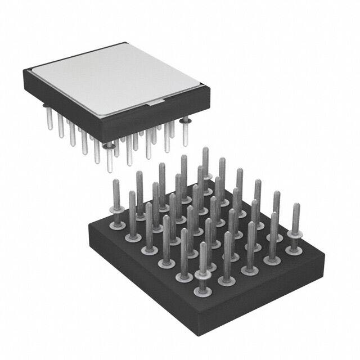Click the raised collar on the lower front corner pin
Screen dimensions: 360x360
tap(203, 275)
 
